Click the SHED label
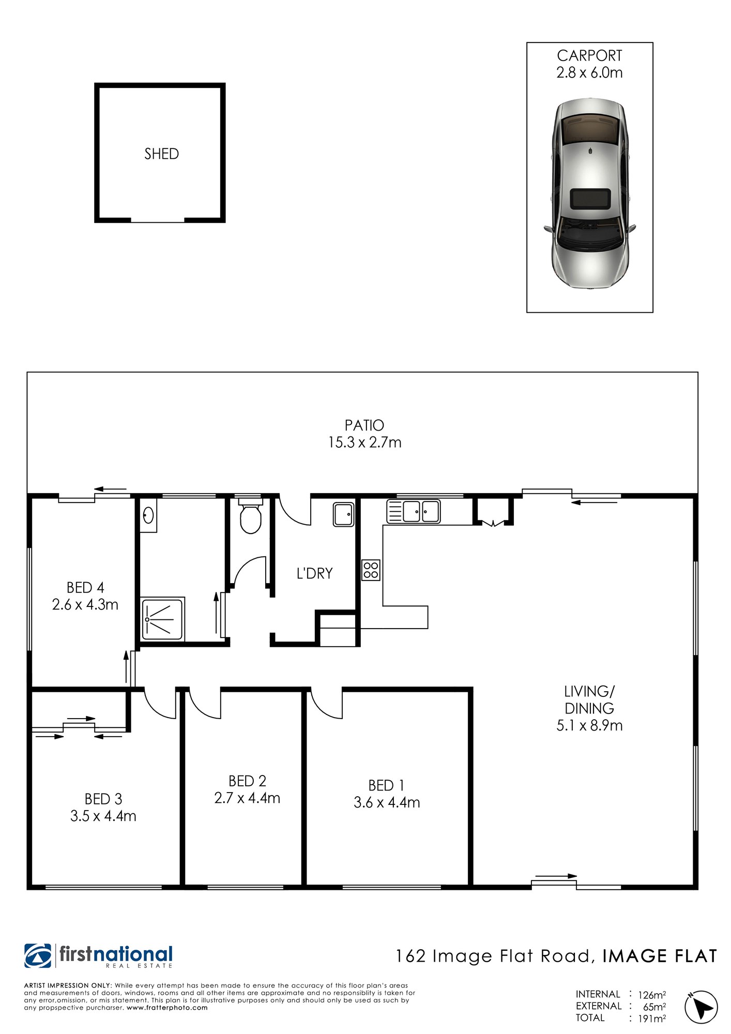click(x=161, y=154)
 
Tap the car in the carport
click(x=590, y=193)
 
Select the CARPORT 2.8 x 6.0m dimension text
click(x=590, y=72)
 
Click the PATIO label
click(x=364, y=425)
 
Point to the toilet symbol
click(x=251, y=515)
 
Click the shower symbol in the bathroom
click(x=163, y=619)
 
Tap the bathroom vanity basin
click(x=148, y=515)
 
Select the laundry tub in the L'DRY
click(x=344, y=514)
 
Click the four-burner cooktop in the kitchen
click(x=371, y=570)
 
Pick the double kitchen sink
click(x=414, y=511)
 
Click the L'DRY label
click(x=314, y=573)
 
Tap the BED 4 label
click(x=85, y=588)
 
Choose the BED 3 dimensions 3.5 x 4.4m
click(x=103, y=816)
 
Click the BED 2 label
click(x=247, y=781)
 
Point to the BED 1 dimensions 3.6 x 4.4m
click(x=387, y=803)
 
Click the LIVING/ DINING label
click(x=589, y=700)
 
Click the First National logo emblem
click(x=38, y=956)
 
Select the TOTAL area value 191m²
click(x=652, y=1018)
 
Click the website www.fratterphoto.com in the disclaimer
click(x=167, y=1008)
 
